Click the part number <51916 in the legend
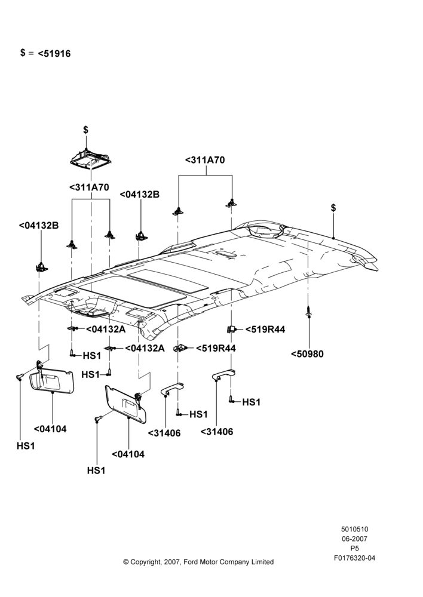click(x=54, y=54)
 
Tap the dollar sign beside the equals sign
click(x=23, y=53)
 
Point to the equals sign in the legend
click(x=31, y=53)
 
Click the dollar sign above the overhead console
click(x=86, y=130)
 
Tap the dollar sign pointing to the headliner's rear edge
click(x=333, y=208)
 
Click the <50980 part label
click(x=307, y=354)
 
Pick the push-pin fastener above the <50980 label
click(x=309, y=312)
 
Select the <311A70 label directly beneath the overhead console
click(x=89, y=187)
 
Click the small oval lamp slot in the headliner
click(x=226, y=254)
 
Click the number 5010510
click(x=354, y=529)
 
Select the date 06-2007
click(x=354, y=538)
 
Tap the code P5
click(x=354, y=549)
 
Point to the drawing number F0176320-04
click(x=354, y=558)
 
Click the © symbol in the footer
click(x=125, y=562)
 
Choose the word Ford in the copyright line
click(x=190, y=562)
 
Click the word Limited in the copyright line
click(x=262, y=562)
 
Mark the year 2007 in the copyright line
click(x=173, y=562)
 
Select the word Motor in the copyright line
click(x=206, y=562)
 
